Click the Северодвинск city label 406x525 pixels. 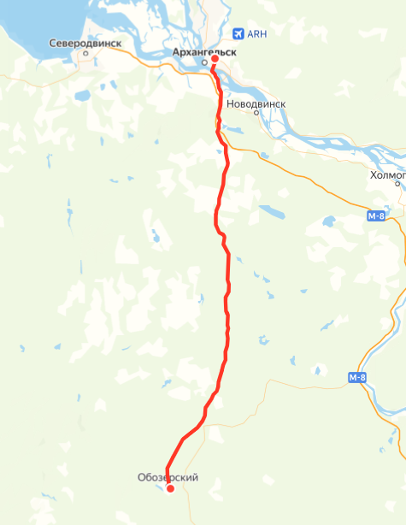(85, 42)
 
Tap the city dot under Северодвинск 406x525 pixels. (85, 53)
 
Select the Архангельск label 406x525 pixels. (203, 51)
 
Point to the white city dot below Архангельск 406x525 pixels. (203, 62)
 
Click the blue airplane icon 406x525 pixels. (238, 33)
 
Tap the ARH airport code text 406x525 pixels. (256, 34)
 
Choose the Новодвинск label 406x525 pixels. (256, 103)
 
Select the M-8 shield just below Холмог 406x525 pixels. (377, 217)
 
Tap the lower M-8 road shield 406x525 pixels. (359, 377)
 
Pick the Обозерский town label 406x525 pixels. (168, 477)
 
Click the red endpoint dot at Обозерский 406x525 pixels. (170, 488)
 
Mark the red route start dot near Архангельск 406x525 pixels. (215, 59)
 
